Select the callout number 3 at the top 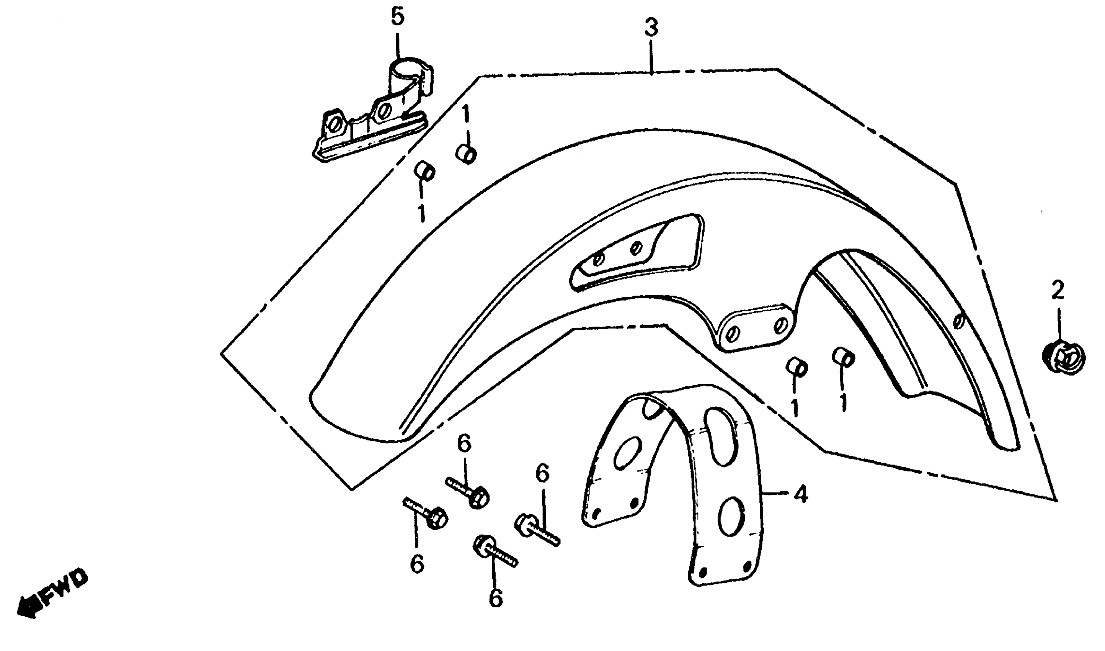tap(651, 27)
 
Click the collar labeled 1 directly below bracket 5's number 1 tap(467, 154)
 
